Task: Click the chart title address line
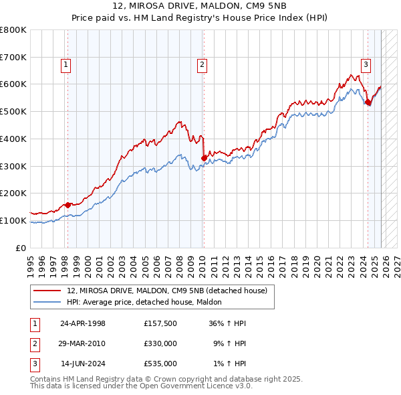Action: click(x=200, y=6)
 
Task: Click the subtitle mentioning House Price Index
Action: click(x=200, y=17)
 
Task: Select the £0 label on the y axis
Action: click(x=21, y=248)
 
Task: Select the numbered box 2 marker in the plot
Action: click(x=202, y=65)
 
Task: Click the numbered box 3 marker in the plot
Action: click(x=366, y=65)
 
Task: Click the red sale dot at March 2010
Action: click(x=204, y=158)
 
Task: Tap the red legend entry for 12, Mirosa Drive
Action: click(x=167, y=291)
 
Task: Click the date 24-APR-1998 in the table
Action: click(x=83, y=323)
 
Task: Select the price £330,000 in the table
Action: click(x=160, y=343)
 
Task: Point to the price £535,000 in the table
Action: click(x=160, y=364)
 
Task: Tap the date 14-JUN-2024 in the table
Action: click(x=83, y=364)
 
